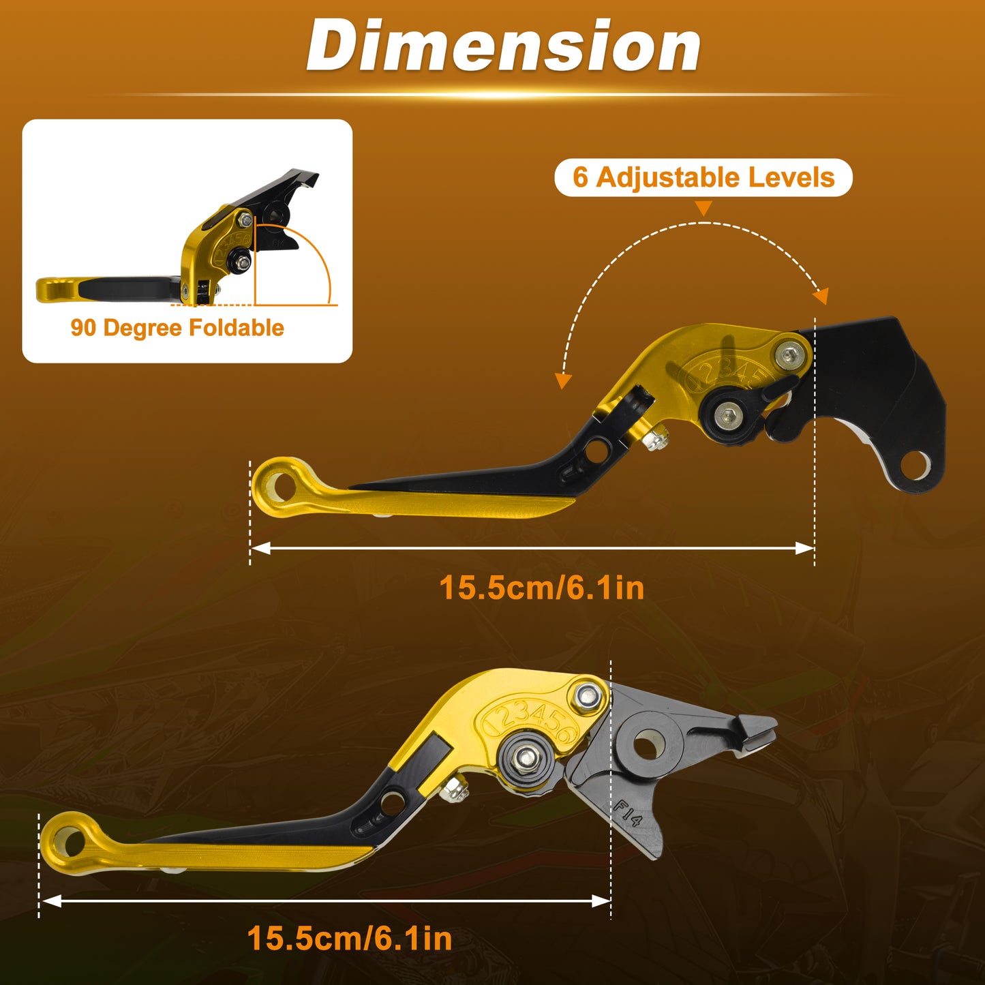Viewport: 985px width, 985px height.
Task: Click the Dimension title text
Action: tap(503, 46)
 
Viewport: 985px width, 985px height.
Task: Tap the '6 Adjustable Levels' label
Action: tap(703, 177)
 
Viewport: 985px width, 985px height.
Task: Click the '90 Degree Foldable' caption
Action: tap(177, 328)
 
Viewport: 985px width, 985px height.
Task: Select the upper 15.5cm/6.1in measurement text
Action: tap(542, 588)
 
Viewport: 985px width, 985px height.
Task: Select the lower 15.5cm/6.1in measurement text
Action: tap(350, 939)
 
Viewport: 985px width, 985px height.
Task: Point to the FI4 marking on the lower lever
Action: tap(627, 813)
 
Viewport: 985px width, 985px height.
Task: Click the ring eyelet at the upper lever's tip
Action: tap(280, 487)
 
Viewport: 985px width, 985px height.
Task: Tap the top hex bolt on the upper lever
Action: tap(789, 354)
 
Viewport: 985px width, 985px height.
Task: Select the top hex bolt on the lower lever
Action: tap(588, 695)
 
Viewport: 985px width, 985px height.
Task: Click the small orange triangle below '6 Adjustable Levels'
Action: tap(704, 208)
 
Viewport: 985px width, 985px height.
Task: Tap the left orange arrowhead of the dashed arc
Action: tap(563, 380)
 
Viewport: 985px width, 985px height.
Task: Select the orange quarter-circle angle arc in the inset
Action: tap(313, 249)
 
